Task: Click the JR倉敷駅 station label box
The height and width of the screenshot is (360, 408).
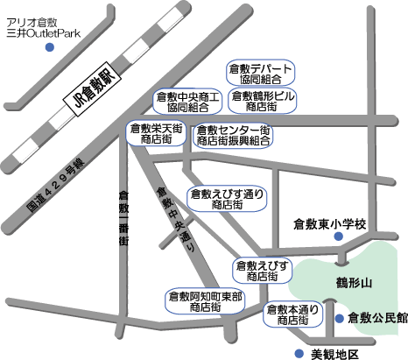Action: [x=92, y=88]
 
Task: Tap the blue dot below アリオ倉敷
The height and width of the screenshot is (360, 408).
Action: [x=50, y=47]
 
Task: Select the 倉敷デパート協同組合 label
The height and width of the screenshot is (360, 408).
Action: [x=261, y=74]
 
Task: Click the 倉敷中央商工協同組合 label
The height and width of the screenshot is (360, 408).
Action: [x=187, y=102]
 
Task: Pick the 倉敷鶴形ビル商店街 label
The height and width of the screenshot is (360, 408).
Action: [x=263, y=101]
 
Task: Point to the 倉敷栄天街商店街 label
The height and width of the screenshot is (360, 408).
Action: [x=156, y=133]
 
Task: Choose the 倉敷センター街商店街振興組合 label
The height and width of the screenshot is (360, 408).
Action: [x=233, y=135]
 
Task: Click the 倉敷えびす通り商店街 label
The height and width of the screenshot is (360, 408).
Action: [x=227, y=199]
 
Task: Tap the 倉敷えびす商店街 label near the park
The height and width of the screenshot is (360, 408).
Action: [x=262, y=271]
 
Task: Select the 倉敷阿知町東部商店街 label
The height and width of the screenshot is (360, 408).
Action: [x=205, y=301]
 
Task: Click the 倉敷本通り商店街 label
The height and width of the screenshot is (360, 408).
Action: [x=292, y=314]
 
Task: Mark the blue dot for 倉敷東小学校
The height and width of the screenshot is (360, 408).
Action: [x=339, y=236]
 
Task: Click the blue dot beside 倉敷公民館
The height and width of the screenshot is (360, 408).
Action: [x=339, y=319]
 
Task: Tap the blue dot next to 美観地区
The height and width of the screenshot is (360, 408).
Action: [x=299, y=354]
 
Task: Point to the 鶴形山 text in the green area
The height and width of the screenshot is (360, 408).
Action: [x=354, y=283]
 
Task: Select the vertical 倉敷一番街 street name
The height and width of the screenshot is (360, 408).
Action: [x=123, y=218]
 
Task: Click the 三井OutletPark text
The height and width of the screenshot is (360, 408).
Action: [x=44, y=33]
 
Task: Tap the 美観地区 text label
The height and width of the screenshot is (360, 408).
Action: [x=334, y=355]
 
